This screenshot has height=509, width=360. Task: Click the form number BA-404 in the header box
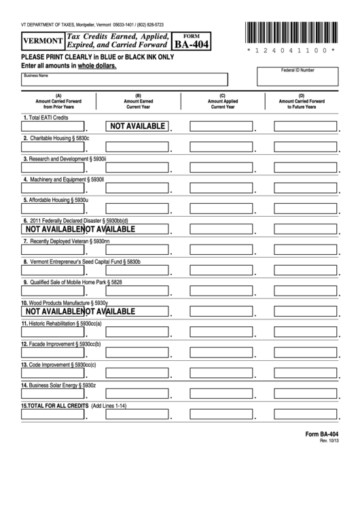tap(192, 45)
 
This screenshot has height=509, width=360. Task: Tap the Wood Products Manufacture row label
tap(65, 302)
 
